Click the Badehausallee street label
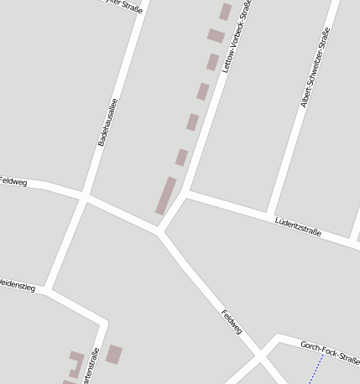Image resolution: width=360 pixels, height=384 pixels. [108, 122]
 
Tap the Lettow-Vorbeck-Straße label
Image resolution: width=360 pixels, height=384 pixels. [237, 38]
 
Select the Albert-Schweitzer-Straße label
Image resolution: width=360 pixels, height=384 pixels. [316, 68]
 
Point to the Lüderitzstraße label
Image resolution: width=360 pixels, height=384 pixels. [298, 226]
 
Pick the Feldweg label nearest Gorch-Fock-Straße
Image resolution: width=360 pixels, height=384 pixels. [232, 322]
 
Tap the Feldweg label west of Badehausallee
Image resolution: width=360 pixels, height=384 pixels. [13, 180]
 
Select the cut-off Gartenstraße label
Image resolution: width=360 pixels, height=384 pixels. [91, 366]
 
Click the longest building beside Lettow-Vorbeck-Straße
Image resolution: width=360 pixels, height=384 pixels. [165, 195]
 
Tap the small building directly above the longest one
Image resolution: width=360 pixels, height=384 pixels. [181, 157]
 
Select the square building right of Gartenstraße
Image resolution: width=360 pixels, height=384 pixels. [114, 354]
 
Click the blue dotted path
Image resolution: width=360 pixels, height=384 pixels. [316, 370]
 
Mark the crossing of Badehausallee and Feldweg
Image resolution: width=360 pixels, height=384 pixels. [85, 198]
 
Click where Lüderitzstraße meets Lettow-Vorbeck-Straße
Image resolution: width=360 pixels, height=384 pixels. [188, 193]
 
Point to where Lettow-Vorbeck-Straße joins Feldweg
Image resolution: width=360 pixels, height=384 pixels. [159, 231]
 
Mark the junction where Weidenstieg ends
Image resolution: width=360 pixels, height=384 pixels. [48, 291]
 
